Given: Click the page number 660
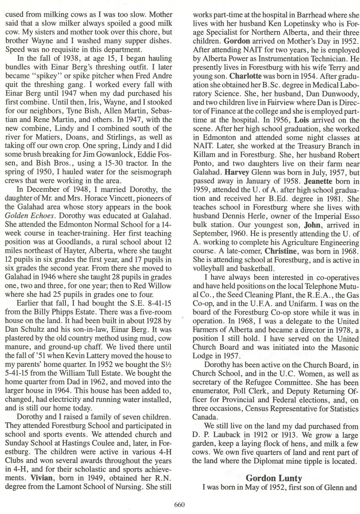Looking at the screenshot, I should coord(179,504).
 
